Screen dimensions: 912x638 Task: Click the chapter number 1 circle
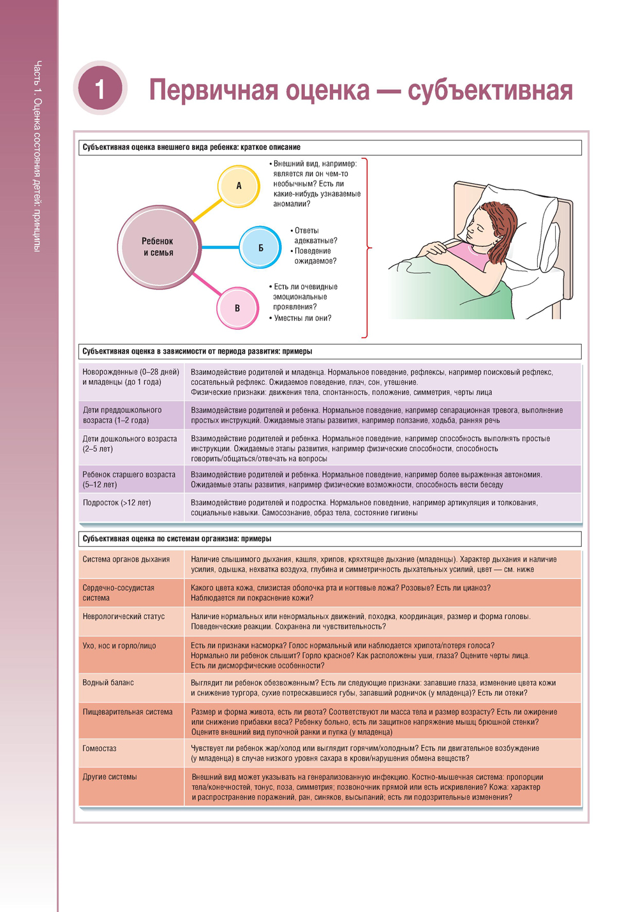(x=100, y=88)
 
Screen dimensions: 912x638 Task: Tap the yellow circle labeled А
(x=239, y=186)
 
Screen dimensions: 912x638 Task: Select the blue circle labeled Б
(x=260, y=247)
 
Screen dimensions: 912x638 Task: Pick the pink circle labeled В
(x=237, y=308)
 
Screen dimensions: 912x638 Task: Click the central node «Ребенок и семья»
(x=158, y=247)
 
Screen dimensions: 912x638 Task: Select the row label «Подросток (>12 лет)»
(x=117, y=503)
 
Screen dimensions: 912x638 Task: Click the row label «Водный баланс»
(x=108, y=683)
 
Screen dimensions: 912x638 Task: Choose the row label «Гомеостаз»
(x=100, y=749)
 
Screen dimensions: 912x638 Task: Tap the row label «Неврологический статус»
(x=124, y=617)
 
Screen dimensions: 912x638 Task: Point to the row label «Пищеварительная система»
(x=128, y=712)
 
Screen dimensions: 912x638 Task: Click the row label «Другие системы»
(x=110, y=777)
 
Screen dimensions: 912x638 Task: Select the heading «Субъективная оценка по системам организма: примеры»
(x=177, y=539)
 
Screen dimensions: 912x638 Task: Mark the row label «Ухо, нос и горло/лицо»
(x=119, y=646)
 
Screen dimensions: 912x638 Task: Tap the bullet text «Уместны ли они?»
(x=302, y=318)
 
